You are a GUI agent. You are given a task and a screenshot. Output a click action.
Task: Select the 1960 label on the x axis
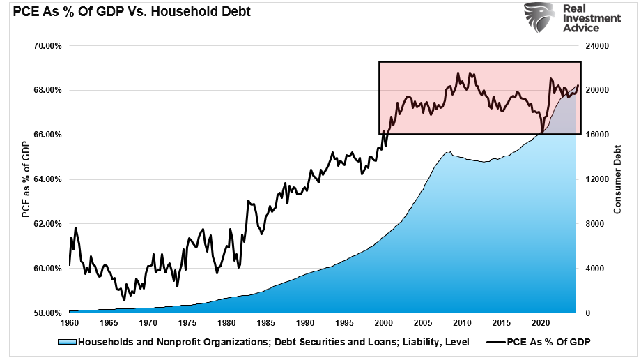pyautogui.click(x=70, y=324)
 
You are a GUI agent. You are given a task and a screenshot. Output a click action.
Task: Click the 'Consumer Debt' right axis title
pyautogui.click(x=617, y=179)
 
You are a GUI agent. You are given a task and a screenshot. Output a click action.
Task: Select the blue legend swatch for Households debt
pyautogui.click(x=67, y=342)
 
